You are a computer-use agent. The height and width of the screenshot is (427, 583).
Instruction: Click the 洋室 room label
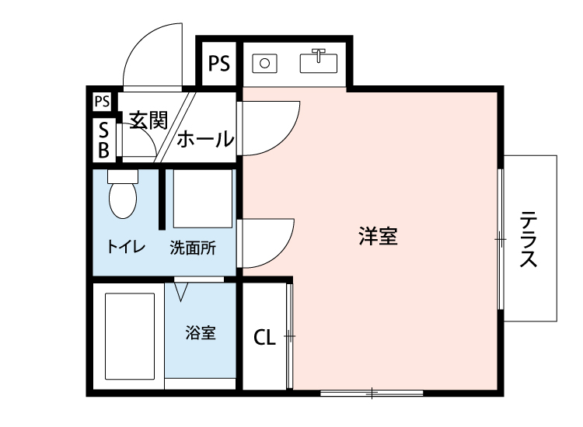pyautogui.click(x=379, y=237)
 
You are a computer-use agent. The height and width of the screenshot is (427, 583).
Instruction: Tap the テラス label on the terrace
pyautogui.click(x=529, y=238)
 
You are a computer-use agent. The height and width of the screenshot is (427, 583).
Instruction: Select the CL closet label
pyautogui.click(x=264, y=338)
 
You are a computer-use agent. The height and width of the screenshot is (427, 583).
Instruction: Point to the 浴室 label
pyautogui.click(x=200, y=333)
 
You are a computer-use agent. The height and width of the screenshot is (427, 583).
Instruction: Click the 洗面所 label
pyautogui.click(x=193, y=249)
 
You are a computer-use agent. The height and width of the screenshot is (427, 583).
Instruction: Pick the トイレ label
pyautogui.click(x=125, y=249)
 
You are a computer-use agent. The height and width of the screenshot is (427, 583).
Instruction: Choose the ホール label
pyautogui.click(x=205, y=140)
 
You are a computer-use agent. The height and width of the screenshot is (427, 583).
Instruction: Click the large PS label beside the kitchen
pyautogui.click(x=219, y=63)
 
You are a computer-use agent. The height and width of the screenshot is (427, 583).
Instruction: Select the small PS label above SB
pyautogui.click(x=101, y=100)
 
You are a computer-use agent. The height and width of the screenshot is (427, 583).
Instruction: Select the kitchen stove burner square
pyautogui.click(x=264, y=63)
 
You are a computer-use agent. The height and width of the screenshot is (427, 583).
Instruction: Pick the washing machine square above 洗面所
pyautogui.click(x=202, y=199)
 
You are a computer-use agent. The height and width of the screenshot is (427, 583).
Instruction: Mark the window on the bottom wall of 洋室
pyautogui.click(x=371, y=393)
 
